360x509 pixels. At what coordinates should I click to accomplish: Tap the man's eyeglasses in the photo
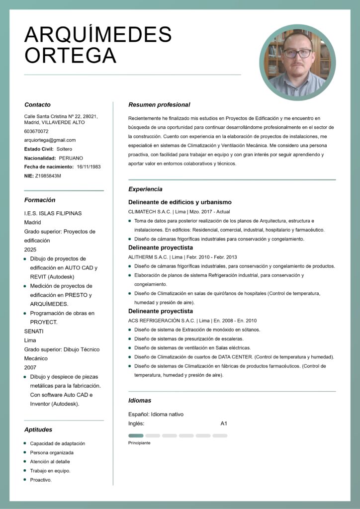pyautogui.click(x=298, y=53)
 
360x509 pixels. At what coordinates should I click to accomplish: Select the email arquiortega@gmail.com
pyautogui.click(x=50, y=140)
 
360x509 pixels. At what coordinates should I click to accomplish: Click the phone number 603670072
pyautogui.click(x=36, y=131)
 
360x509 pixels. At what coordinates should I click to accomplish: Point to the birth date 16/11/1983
pyautogui.click(x=89, y=167)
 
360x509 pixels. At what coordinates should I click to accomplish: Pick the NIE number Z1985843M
pyautogui.click(x=48, y=175)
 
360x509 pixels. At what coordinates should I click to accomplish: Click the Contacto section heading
pyautogui.click(x=37, y=105)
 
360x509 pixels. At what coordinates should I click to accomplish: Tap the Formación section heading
pyautogui.click(x=40, y=200)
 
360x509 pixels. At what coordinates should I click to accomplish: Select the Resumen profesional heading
pyautogui.click(x=159, y=105)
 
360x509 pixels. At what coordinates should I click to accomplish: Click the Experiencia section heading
pyautogui.click(x=145, y=189)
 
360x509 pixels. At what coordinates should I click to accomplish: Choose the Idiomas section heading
pyautogui.click(x=140, y=400)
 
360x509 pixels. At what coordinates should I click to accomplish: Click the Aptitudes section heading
pyautogui.click(x=38, y=429)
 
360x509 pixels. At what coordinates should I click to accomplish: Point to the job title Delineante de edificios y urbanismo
pyautogui.click(x=180, y=202)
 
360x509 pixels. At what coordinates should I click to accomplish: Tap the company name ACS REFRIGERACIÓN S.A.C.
pyautogui.click(x=161, y=321)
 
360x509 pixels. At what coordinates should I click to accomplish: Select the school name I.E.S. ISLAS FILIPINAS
pyautogui.click(x=53, y=213)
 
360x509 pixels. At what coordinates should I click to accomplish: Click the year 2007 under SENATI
pyautogui.click(x=30, y=367)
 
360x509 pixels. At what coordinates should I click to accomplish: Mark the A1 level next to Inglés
pyautogui.click(x=224, y=424)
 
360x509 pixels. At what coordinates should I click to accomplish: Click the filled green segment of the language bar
pyautogui.click(x=136, y=435)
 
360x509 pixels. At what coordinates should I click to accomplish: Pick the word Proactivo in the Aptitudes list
pyautogui.click(x=40, y=480)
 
